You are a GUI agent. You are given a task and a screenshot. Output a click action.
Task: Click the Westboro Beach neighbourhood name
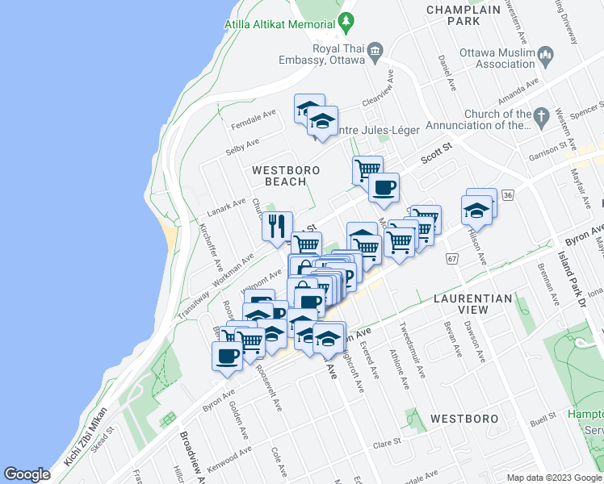[x=286, y=176]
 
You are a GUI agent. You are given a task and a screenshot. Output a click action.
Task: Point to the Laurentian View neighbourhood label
[x=472, y=304]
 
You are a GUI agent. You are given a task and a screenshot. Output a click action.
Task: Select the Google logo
[x=27, y=474]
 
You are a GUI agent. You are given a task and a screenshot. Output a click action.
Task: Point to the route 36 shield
[x=507, y=195]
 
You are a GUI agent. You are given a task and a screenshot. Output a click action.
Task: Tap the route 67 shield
[x=451, y=258]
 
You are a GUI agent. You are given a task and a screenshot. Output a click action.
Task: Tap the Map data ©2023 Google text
[x=554, y=478]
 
